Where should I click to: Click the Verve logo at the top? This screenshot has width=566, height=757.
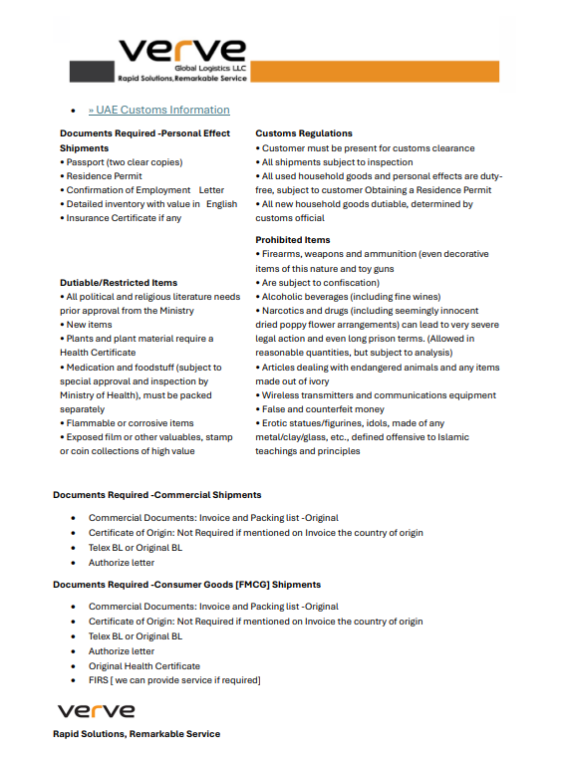(x=182, y=52)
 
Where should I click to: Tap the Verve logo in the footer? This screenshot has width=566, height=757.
(x=96, y=711)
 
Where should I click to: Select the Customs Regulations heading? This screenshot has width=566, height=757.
(x=304, y=133)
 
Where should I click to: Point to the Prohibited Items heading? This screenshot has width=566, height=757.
(x=293, y=240)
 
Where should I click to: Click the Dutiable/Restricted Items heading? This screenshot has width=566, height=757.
(x=119, y=283)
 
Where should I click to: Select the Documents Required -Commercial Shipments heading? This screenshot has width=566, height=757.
(x=157, y=494)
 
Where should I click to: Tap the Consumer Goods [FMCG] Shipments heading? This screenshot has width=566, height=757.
(x=187, y=584)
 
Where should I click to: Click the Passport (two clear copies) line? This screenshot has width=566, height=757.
(x=110, y=161)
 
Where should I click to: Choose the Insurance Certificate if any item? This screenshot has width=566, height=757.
(x=124, y=218)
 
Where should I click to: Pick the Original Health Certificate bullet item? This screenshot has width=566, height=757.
(x=144, y=666)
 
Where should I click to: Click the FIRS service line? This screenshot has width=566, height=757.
(x=174, y=680)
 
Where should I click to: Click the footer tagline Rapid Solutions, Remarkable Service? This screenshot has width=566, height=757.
(x=137, y=734)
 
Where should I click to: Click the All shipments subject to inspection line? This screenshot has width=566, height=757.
(x=336, y=162)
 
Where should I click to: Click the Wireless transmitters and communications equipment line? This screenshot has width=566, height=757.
(x=378, y=395)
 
